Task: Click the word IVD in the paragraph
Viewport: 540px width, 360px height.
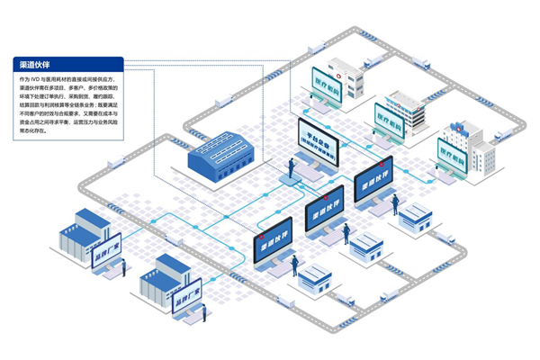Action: [40, 80]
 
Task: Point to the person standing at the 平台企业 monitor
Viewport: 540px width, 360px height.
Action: [291, 168]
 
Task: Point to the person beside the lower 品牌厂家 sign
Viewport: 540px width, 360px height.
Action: [204, 313]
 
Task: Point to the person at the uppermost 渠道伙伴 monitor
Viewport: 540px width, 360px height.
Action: [394, 206]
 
